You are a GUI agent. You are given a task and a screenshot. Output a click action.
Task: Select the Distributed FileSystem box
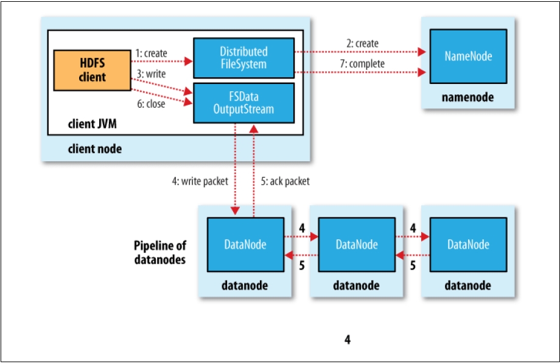tap(243, 57)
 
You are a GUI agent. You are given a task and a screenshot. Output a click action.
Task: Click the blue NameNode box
tap(468, 56)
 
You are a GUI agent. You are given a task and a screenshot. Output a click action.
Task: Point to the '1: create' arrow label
tap(152, 54)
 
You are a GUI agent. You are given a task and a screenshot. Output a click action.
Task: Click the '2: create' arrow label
tap(363, 44)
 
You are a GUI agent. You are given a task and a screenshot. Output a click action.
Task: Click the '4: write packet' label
tap(199, 180)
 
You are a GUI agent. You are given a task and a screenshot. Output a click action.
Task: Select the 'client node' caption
tap(94, 149)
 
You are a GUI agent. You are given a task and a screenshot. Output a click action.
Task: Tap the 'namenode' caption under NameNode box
tap(467, 97)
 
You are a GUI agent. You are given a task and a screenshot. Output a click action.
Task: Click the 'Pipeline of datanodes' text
tap(160, 253)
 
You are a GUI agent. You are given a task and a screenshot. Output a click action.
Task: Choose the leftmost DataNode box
tap(245, 244)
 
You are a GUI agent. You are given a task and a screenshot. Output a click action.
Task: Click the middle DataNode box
tap(357, 244)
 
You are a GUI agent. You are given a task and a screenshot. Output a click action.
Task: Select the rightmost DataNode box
tap(468, 244)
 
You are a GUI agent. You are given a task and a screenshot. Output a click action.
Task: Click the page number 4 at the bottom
tap(347, 340)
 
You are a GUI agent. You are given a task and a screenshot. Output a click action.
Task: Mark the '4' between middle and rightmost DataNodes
tap(413, 228)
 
